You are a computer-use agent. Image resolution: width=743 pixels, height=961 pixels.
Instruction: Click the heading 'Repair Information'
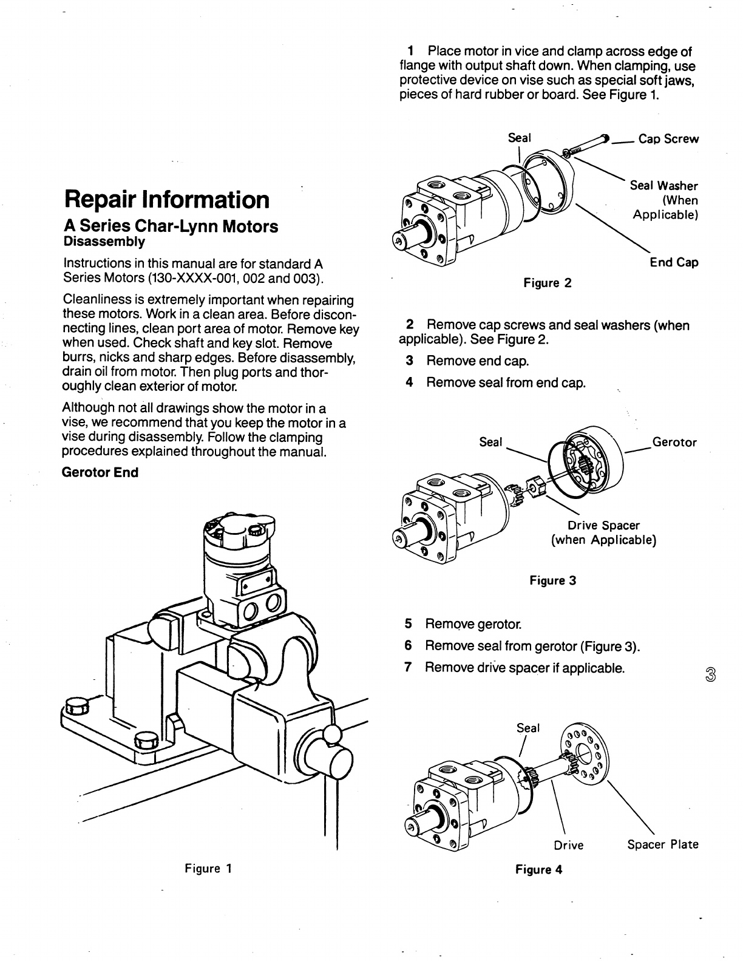(166, 199)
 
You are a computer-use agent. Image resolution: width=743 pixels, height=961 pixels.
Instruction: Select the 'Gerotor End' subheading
(100, 472)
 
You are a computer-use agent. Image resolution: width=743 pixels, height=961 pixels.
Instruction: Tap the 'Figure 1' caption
(208, 868)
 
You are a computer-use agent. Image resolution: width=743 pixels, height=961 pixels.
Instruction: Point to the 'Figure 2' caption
(548, 283)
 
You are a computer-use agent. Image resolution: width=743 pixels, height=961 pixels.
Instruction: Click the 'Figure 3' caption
(552, 580)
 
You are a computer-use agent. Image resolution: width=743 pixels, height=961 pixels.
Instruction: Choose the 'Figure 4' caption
(538, 869)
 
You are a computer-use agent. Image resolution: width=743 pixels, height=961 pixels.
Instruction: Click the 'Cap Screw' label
(668, 139)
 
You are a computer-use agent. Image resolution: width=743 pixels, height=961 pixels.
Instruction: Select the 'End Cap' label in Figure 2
(674, 262)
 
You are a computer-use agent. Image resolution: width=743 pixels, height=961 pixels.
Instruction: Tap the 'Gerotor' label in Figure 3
(674, 442)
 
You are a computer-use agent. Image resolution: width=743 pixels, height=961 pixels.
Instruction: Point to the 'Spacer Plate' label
(663, 844)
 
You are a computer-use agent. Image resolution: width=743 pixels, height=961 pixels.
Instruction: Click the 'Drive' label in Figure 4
(568, 845)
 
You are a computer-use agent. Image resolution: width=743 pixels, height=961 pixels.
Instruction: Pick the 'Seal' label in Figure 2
(519, 138)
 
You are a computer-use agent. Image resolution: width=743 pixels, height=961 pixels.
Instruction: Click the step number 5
(409, 624)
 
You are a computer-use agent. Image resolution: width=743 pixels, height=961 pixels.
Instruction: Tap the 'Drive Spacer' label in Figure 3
(603, 525)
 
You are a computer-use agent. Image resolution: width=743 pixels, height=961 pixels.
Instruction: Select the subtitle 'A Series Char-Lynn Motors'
(171, 226)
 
